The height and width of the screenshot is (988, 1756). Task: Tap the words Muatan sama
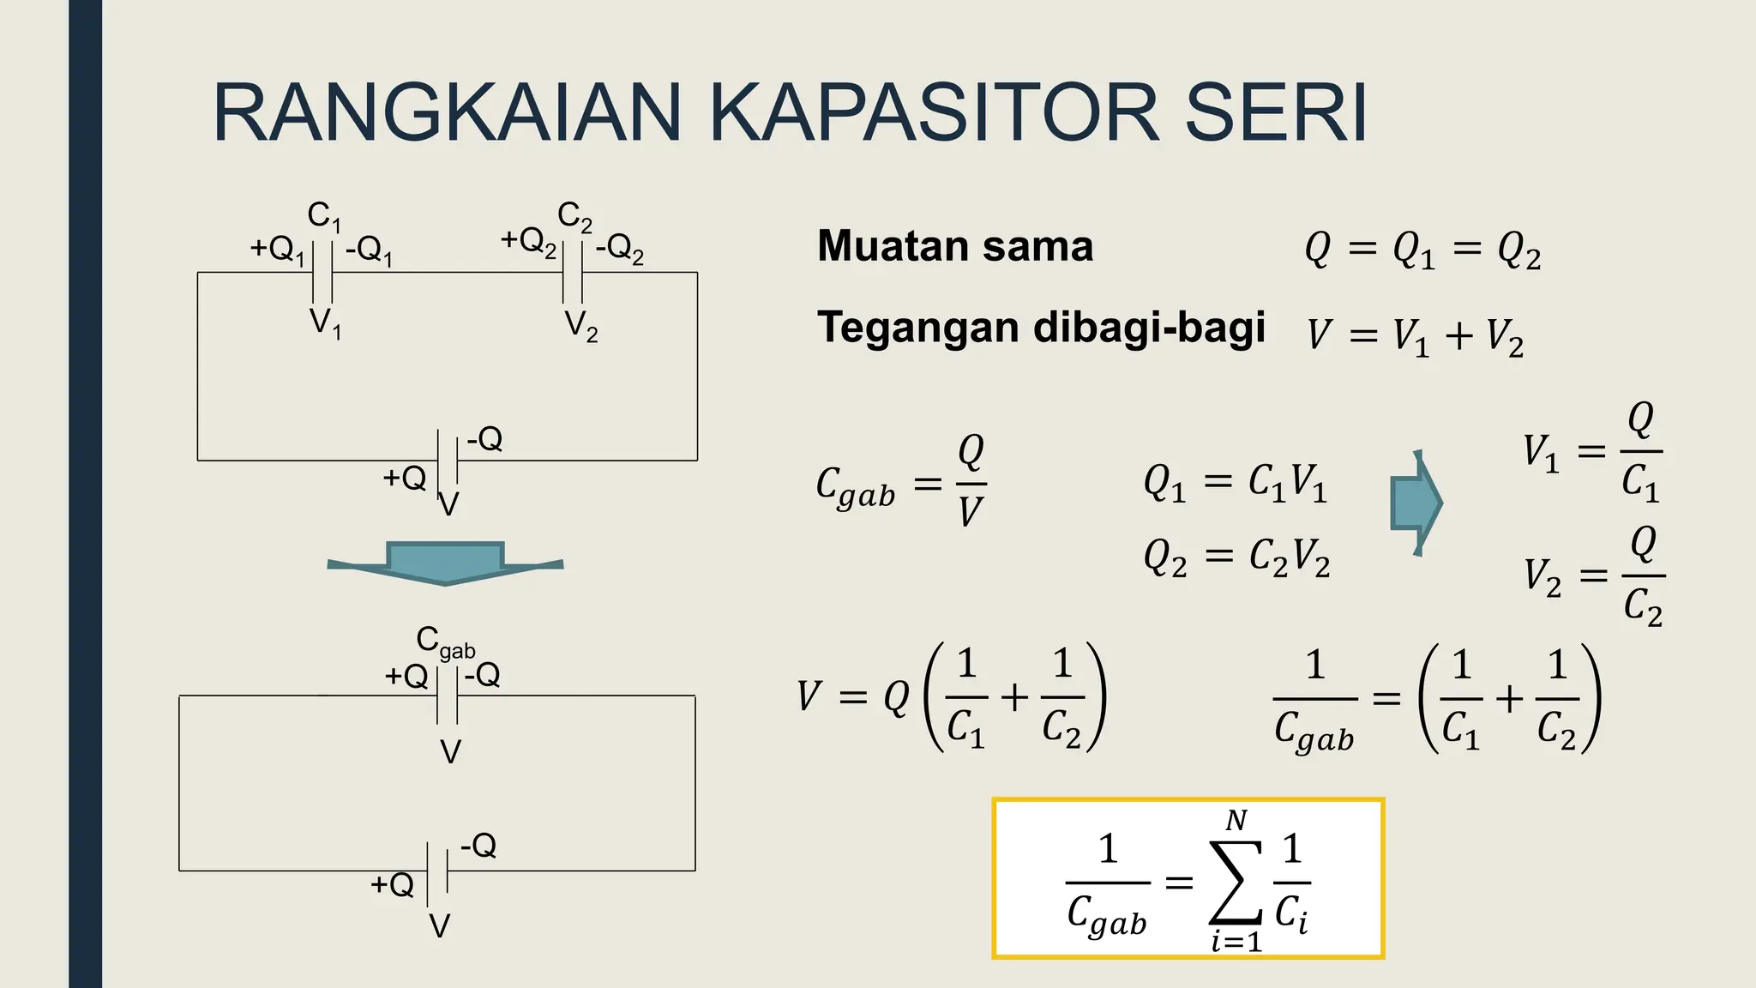(x=955, y=246)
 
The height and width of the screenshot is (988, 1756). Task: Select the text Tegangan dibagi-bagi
(x=1041, y=328)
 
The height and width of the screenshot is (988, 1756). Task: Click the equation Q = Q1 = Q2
(x=1422, y=250)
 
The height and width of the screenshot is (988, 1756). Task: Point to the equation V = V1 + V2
(x=1416, y=335)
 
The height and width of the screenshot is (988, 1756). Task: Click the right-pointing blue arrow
(x=1416, y=503)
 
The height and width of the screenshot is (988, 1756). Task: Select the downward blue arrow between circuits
(x=445, y=563)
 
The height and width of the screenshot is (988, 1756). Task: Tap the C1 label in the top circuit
(x=324, y=216)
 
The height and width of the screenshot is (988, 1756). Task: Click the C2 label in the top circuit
(x=574, y=216)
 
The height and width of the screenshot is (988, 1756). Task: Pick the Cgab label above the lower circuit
(x=444, y=642)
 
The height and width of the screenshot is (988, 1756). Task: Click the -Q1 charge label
(x=369, y=250)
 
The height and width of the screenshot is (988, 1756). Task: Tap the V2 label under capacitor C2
(x=581, y=326)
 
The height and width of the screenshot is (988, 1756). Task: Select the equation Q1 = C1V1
(x=1236, y=482)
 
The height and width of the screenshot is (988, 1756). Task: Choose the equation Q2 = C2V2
(x=1236, y=558)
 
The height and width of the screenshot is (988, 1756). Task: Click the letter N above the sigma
(x=1236, y=822)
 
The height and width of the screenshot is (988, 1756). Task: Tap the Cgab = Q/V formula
(x=901, y=484)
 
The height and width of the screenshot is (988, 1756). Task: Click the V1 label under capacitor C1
(x=325, y=323)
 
